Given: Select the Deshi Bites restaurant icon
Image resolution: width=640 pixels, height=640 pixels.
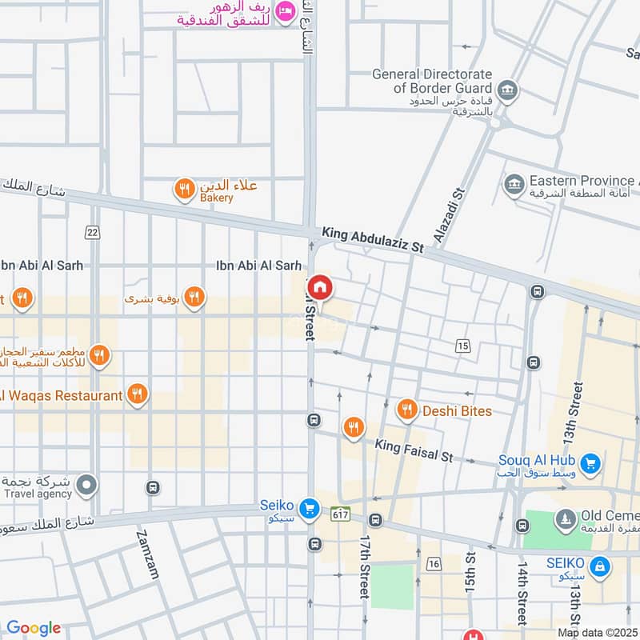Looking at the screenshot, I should (x=407, y=410).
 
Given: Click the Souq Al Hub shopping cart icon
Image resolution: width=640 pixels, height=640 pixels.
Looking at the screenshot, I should (x=590, y=463).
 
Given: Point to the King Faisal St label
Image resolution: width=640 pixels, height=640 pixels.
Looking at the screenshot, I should (x=414, y=449).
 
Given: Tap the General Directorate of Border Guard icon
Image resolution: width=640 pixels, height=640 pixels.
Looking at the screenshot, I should (x=506, y=89).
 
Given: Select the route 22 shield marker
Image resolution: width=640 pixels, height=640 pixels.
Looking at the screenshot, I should (x=93, y=232).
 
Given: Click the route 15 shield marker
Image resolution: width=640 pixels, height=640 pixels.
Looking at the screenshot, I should (x=462, y=346).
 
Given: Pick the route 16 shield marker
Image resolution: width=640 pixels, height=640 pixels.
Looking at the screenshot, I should (x=434, y=564).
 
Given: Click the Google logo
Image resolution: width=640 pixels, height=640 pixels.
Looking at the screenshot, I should (x=34, y=628).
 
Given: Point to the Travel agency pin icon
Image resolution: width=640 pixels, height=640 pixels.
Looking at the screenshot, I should (x=86, y=484).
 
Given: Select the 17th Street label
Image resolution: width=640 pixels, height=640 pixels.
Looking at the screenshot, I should (x=364, y=566).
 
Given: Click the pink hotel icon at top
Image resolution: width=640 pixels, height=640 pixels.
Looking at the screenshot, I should (x=283, y=11).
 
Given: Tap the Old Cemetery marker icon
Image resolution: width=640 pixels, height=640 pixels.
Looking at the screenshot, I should (x=566, y=519).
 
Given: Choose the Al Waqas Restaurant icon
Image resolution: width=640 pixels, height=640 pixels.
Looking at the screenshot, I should (x=137, y=394).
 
